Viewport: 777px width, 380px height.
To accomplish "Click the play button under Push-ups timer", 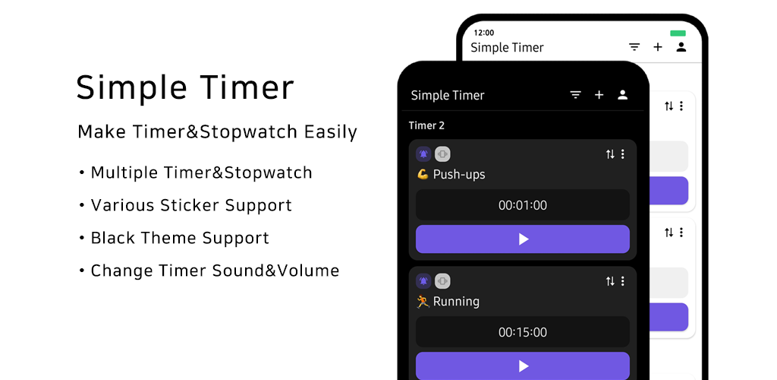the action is coord(522,239).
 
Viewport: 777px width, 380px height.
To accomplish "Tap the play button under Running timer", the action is coord(522,366).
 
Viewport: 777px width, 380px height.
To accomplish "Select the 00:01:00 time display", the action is coord(522,205).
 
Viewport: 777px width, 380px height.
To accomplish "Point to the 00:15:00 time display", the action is coord(522,332).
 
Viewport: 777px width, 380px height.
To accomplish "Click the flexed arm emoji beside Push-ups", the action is coord(423,174).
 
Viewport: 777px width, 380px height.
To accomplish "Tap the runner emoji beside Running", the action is coord(423,301).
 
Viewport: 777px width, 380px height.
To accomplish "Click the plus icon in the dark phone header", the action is coord(599,95).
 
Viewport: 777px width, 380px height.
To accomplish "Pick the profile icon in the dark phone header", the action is coord(623,95).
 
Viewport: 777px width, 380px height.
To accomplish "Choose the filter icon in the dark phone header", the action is coord(575,95).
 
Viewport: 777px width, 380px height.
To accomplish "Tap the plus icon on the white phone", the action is coord(658,47).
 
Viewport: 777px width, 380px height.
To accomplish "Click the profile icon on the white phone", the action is coord(681,47).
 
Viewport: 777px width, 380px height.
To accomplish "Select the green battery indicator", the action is coord(678,33).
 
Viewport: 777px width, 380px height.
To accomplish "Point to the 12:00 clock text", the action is coord(483,33).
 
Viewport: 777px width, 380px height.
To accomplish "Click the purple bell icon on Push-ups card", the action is coord(423,154).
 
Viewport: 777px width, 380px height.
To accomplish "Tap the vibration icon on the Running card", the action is coord(442,281).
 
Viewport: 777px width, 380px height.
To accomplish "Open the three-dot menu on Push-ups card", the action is coord(623,154).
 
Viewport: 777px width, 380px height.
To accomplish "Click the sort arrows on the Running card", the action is coord(610,281).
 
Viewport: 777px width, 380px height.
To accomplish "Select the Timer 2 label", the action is coord(426,125).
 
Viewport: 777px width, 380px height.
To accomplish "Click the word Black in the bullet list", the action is coord(114,238).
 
